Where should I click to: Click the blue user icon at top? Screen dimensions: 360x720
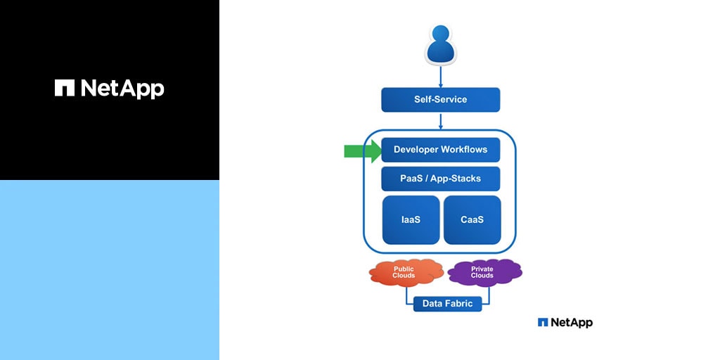click(x=441, y=44)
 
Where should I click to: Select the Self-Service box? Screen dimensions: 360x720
click(x=441, y=100)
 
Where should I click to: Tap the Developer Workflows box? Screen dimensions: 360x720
click(x=441, y=150)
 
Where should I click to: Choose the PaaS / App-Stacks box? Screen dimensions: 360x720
click(x=441, y=179)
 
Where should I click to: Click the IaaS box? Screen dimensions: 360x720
click(x=411, y=220)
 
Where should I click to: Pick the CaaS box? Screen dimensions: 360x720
click(x=472, y=220)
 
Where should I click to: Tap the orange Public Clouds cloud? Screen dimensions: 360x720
click(x=404, y=272)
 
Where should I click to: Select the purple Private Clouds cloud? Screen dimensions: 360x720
click(x=483, y=272)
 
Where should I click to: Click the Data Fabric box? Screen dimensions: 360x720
click(x=447, y=304)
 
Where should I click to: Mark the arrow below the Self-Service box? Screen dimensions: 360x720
click(x=441, y=121)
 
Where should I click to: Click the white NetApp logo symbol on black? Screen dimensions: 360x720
click(x=65, y=88)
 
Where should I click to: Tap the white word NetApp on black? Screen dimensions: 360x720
click(x=122, y=89)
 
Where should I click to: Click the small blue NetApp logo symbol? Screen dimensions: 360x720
click(x=543, y=322)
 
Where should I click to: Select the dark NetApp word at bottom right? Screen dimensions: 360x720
click(x=572, y=322)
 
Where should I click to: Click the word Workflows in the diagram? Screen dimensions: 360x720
click(x=464, y=150)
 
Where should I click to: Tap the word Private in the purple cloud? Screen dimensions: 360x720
click(x=482, y=269)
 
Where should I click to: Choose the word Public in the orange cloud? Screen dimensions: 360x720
click(x=404, y=269)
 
